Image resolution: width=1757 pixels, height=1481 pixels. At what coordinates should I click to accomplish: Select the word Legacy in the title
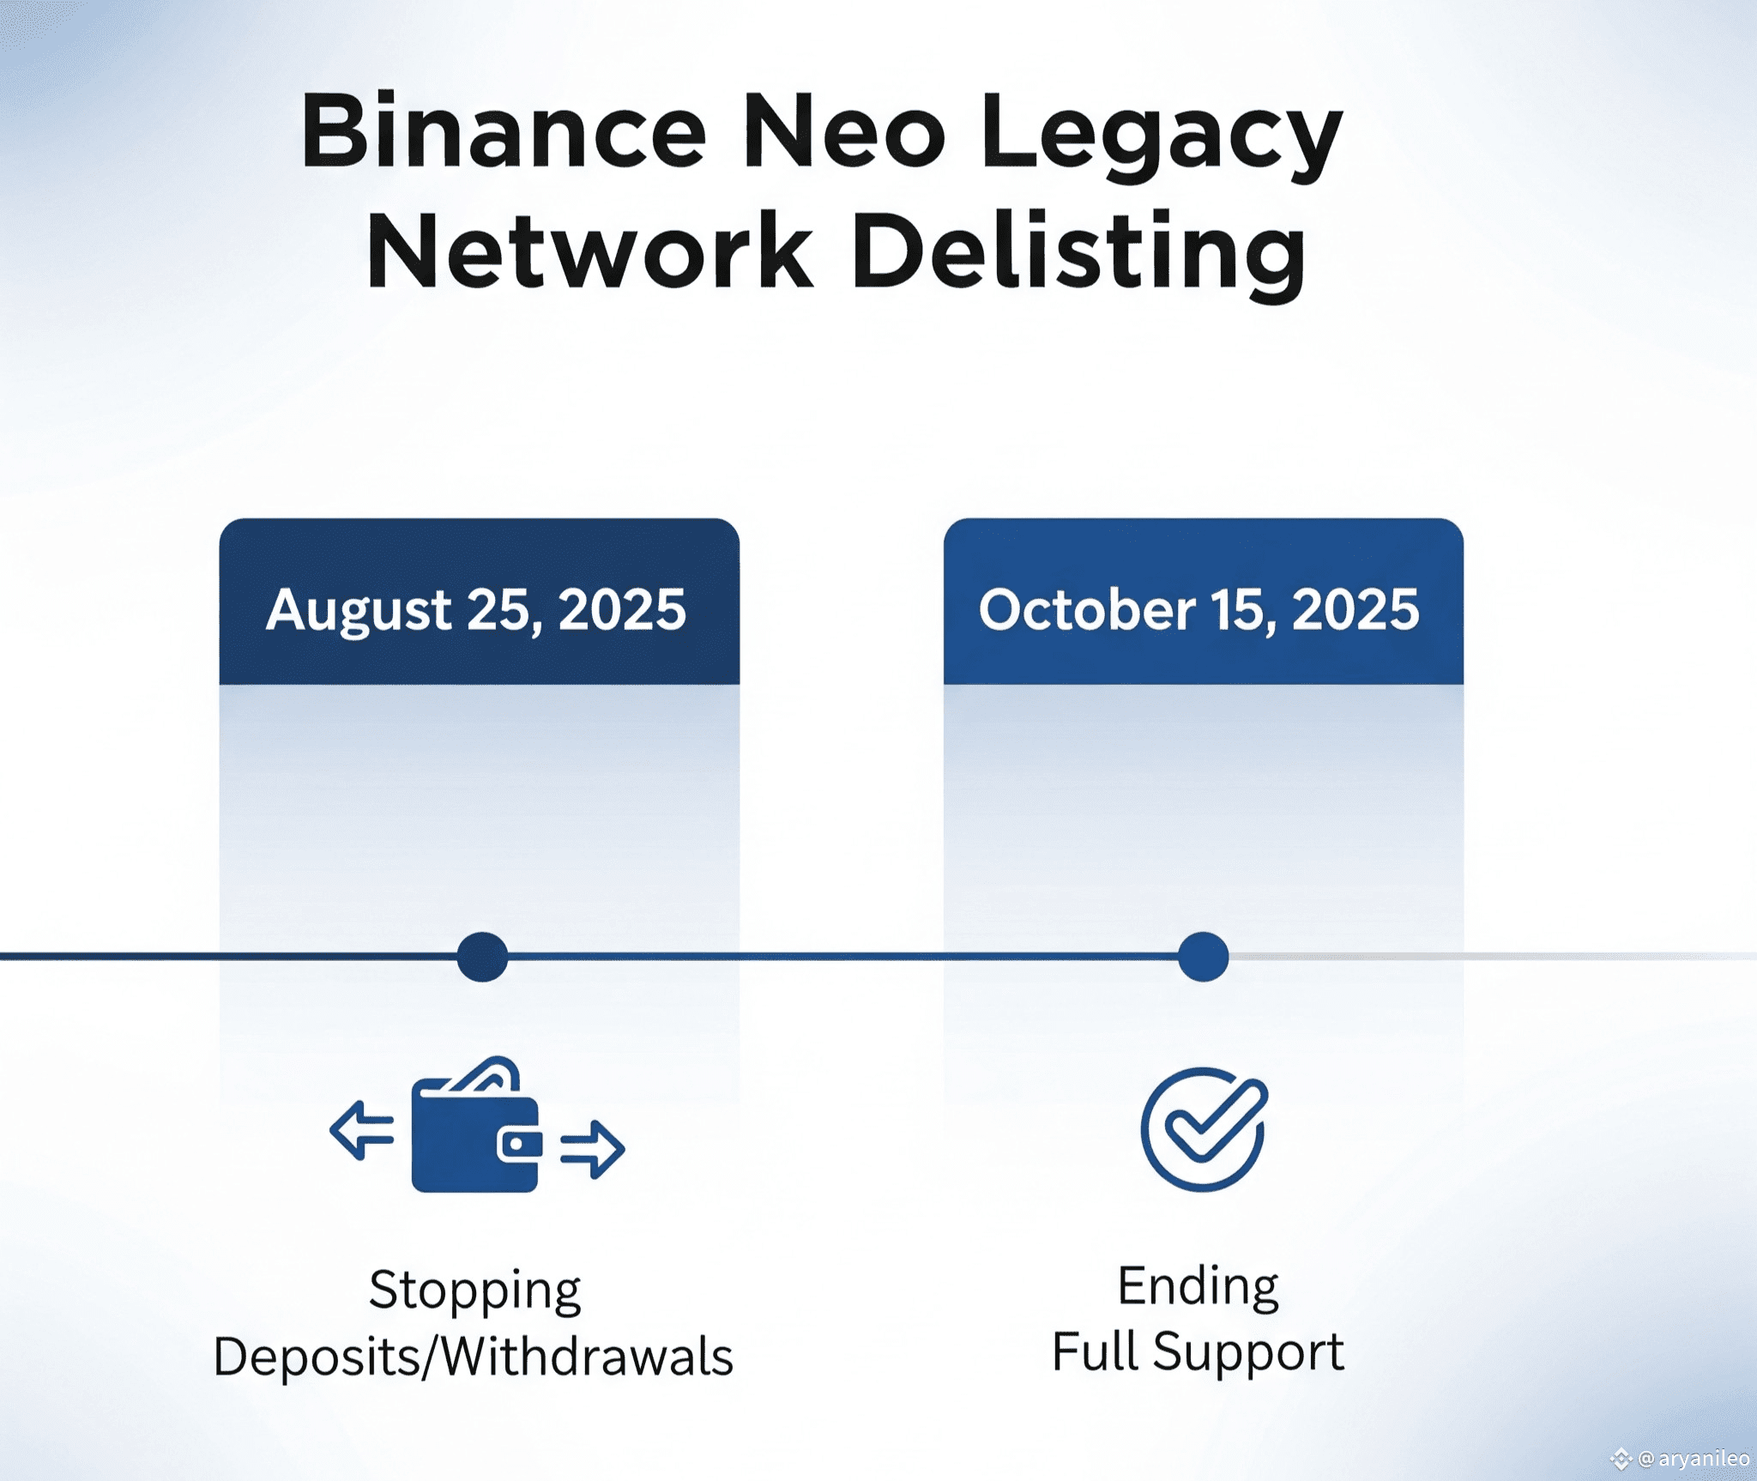coord(1162,137)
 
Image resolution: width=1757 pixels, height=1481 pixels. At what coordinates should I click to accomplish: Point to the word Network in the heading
coord(590,250)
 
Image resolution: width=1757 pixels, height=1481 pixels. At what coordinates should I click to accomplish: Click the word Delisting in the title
coord(1078,256)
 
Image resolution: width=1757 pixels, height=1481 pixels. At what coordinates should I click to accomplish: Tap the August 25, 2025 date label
coord(476,611)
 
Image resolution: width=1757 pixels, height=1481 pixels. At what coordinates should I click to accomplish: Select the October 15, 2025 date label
coord(1199,610)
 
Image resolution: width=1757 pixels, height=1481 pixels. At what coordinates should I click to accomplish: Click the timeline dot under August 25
coord(482,956)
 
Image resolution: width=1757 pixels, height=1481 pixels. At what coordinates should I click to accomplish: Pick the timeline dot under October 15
coord(1203,956)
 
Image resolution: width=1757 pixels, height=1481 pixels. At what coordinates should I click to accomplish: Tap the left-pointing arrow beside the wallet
coord(362,1129)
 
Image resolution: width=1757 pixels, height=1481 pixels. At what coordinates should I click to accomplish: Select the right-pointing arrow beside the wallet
coord(593,1149)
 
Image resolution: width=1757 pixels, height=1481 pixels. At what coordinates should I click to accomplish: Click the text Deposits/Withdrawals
coord(474,1357)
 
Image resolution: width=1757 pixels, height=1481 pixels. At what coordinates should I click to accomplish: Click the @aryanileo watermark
coord(1682,1458)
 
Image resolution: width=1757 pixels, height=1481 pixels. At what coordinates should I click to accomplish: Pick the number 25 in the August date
coord(504,611)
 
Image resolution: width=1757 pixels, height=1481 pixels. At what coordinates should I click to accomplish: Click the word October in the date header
coord(1087,609)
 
